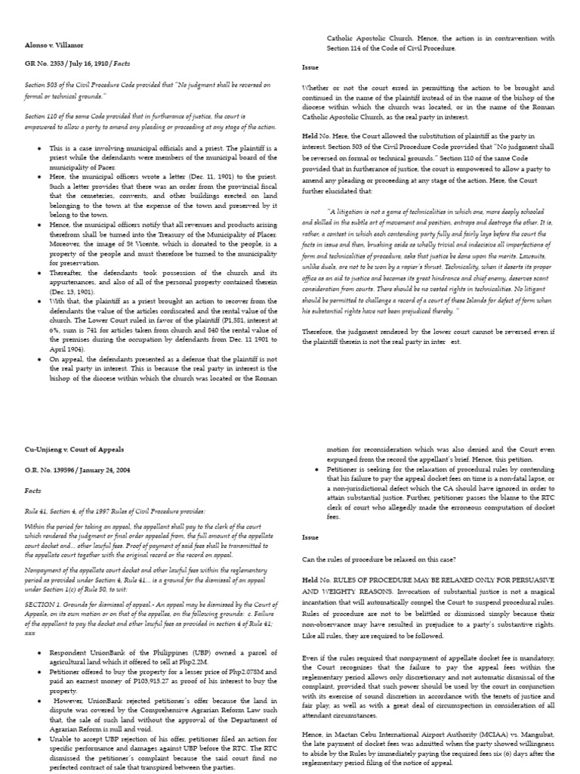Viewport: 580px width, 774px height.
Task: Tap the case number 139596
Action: point(61,469)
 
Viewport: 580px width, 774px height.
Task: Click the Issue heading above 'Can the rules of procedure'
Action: point(310,539)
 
